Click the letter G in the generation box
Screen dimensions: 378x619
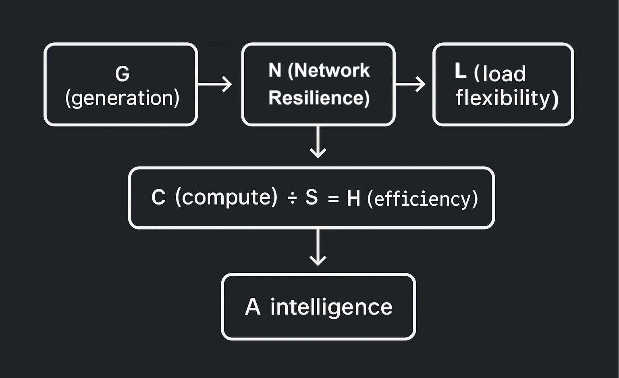(x=122, y=74)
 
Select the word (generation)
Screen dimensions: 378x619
(x=122, y=98)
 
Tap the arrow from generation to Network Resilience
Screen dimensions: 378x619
(x=215, y=84)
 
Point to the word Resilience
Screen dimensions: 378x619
(x=319, y=98)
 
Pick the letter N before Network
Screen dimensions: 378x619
(x=275, y=71)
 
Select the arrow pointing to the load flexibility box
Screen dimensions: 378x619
(x=410, y=84)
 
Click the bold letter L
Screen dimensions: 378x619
(x=460, y=71)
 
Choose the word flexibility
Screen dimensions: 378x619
(x=507, y=98)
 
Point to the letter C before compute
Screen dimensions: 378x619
(x=158, y=198)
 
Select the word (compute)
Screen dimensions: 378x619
(x=226, y=198)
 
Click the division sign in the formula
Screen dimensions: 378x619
(x=292, y=198)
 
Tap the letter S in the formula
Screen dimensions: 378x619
(x=312, y=198)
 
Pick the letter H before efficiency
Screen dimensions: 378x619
(x=353, y=198)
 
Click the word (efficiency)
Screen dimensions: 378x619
(x=422, y=199)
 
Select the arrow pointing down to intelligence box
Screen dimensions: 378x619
(x=318, y=248)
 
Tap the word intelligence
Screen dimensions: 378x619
(x=331, y=307)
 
